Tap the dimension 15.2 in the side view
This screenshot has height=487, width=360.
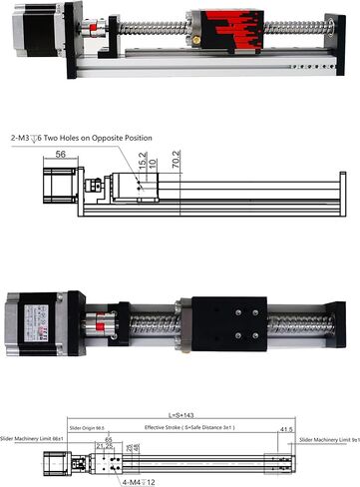[142, 160]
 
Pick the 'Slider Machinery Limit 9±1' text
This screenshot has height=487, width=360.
[329, 438]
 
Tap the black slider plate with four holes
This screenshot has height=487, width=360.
[228, 320]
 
